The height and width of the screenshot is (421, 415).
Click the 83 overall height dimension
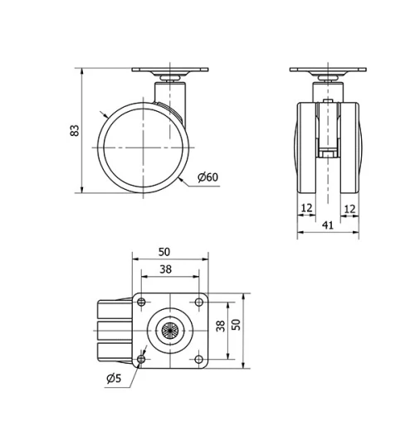click(74, 130)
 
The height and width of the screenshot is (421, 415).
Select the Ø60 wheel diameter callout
click(207, 177)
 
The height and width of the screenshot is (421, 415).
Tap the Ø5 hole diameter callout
click(114, 380)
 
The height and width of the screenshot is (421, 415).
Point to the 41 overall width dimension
click(330, 225)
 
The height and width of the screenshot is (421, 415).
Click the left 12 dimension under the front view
click(306, 208)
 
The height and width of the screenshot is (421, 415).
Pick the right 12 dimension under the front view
click(350, 208)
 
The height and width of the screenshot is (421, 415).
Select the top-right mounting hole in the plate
click(198, 302)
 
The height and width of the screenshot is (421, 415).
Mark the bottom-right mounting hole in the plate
click(198, 359)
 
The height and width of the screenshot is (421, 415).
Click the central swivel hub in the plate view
click(169, 331)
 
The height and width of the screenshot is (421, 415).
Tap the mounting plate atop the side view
click(169, 72)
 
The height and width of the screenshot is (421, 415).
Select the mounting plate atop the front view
click(330, 72)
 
